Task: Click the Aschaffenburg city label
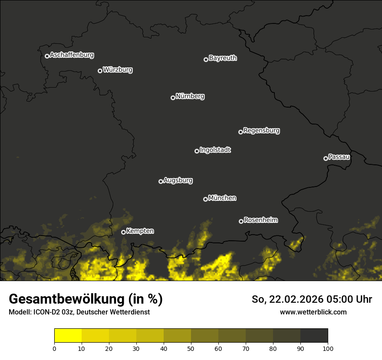click(x=72, y=55)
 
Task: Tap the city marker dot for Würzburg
click(x=100, y=71)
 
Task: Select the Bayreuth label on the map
click(x=223, y=58)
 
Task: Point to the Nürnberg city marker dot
click(x=173, y=98)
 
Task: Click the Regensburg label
click(x=261, y=131)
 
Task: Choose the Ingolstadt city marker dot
click(x=197, y=151)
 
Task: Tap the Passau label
click(x=339, y=157)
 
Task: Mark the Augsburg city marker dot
click(x=161, y=181)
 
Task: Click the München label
click(x=222, y=198)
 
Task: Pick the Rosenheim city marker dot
click(x=241, y=221)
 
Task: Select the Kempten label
click(x=140, y=231)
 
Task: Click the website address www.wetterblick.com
click(x=313, y=312)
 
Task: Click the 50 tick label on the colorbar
click(x=191, y=348)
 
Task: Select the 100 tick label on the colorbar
click(x=328, y=348)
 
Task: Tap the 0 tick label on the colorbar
click(x=54, y=348)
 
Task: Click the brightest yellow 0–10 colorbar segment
click(x=68, y=336)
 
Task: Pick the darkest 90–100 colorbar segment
click(x=314, y=336)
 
